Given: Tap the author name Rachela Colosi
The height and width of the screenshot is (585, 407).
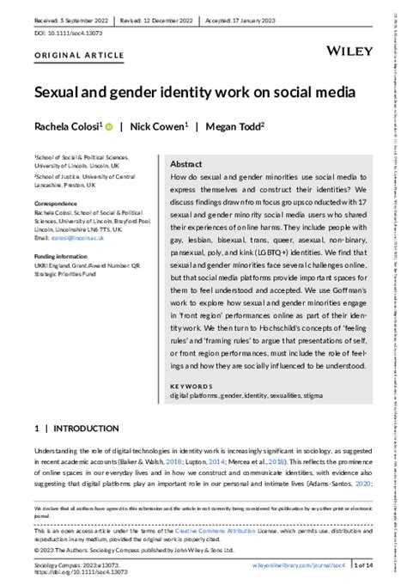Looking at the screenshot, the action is pos(64,126).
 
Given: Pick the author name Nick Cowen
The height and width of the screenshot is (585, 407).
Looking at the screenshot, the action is pos(157,126).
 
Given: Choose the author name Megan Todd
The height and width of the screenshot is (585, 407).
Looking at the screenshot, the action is pos(230,126).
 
